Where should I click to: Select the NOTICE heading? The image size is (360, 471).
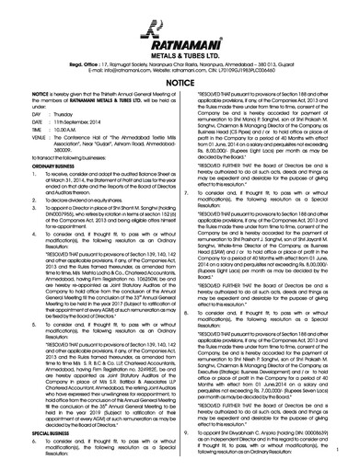coord(180,82)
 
